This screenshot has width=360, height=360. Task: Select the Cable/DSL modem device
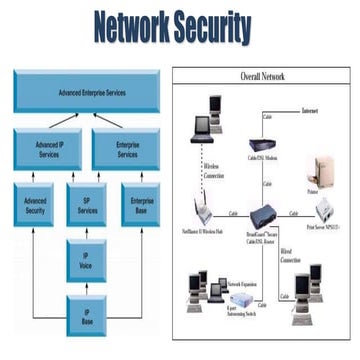(x=261, y=147)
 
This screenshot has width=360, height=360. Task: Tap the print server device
(x=328, y=212)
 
